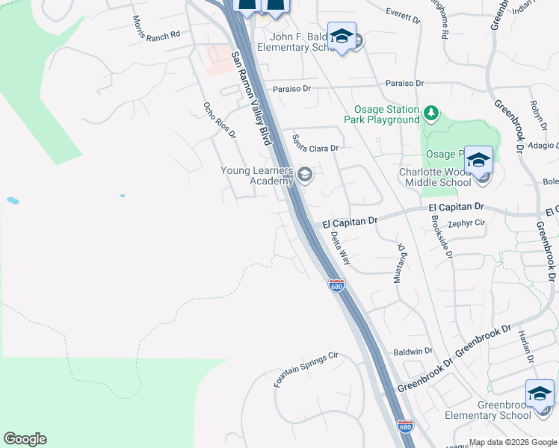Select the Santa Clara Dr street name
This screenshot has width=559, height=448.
click(315, 143)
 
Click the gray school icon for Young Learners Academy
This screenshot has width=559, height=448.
click(304, 175)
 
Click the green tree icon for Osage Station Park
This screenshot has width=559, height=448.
click(430, 113)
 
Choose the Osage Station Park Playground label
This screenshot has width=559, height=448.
click(382, 115)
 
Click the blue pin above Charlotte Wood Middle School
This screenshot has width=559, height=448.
click(478, 160)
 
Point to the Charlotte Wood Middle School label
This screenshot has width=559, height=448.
click(436, 177)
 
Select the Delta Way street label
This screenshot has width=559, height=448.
click(341, 247)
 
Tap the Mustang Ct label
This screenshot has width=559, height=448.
click(401, 263)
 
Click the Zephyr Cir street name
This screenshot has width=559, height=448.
click(467, 223)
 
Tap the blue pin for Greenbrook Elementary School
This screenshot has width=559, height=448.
click(540, 393)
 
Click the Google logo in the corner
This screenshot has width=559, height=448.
click(25, 439)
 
